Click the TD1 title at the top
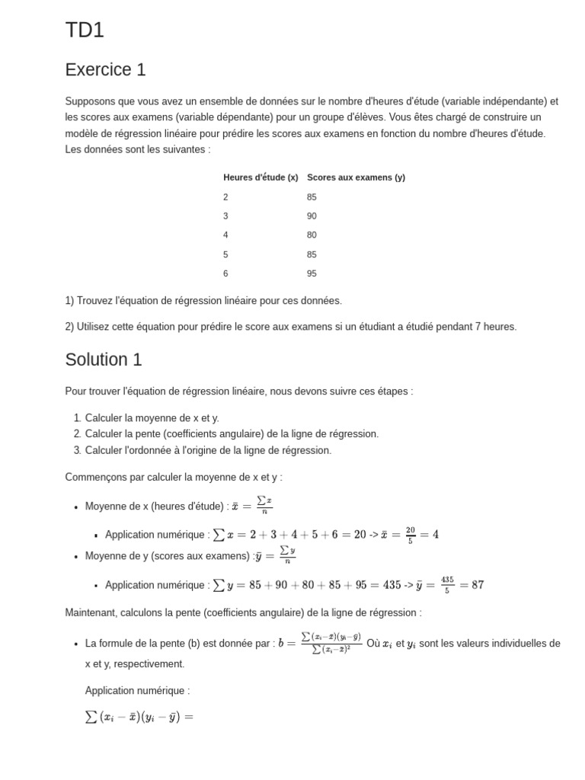[85, 30]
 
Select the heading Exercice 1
[105, 70]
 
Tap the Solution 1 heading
[104, 360]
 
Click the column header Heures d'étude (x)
[261, 177]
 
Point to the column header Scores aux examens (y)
[356, 177]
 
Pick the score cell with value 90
[312, 216]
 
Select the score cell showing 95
[312, 273]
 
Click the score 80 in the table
[312, 235]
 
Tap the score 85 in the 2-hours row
[312, 197]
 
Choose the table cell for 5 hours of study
[225, 254]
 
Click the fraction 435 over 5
[447, 585]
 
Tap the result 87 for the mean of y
[477, 585]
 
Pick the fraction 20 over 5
[411, 535]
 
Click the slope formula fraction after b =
[331, 643]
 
